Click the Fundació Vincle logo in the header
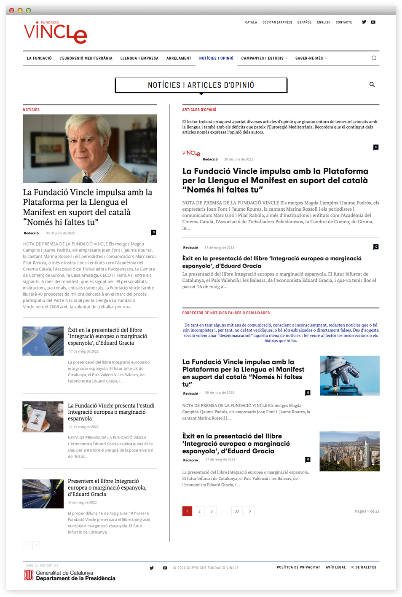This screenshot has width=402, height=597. (55, 32)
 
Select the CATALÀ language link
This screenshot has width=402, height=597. (251, 22)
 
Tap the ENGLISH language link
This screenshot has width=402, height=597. (324, 22)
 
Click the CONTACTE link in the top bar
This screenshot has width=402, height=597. (344, 22)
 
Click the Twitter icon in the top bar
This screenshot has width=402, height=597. (364, 22)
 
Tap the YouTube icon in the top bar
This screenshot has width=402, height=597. (373, 22)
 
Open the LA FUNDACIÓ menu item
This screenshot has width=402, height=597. (39, 59)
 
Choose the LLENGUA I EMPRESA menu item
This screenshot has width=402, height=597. (139, 59)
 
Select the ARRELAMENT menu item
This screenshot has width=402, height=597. (179, 59)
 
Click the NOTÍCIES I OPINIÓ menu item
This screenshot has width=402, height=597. (216, 59)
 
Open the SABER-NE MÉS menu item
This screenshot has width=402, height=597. (309, 59)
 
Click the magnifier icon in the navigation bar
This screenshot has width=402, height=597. (374, 58)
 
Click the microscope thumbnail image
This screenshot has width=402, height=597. (349, 375)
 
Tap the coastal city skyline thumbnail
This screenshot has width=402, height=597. (349, 451)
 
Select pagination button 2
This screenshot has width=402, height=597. (199, 511)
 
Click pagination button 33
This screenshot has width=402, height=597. (237, 511)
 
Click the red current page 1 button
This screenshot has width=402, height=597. (187, 511)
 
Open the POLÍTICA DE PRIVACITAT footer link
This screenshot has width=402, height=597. (298, 568)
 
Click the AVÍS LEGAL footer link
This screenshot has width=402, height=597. (336, 568)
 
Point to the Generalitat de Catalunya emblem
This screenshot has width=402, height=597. (29, 575)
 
